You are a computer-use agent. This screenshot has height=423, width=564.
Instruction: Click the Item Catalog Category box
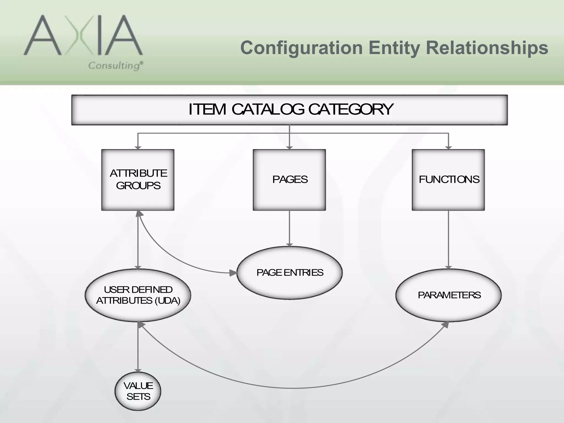[x=289, y=110]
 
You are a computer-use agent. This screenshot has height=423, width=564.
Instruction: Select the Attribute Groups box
[x=138, y=180]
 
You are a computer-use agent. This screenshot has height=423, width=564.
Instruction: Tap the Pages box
[x=289, y=180]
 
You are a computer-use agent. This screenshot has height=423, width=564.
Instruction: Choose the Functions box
[x=448, y=180]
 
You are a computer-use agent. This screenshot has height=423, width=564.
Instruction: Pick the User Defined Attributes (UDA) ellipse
[x=138, y=295]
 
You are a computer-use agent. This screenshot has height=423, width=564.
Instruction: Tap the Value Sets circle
[x=138, y=391]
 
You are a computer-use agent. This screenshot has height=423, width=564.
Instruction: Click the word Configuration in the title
[x=301, y=48]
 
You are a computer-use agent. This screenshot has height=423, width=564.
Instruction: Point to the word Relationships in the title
[x=487, y=48]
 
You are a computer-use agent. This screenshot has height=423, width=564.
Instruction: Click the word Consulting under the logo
[x=114, y=66]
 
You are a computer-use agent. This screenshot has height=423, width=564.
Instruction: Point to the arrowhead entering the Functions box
[x=448, y=148]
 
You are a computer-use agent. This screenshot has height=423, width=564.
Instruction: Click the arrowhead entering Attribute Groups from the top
[x=138, y=148]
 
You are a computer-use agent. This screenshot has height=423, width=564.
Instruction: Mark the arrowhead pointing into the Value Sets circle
[x=138, y=370]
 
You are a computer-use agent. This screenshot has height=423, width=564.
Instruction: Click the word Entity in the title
[x=394, y=48]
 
